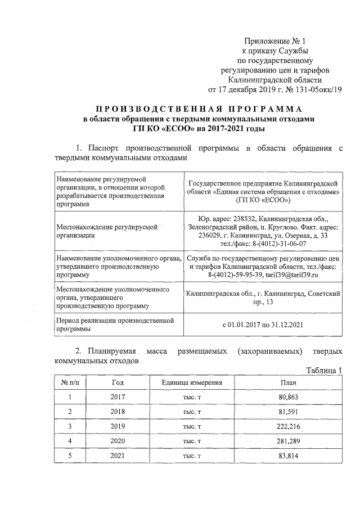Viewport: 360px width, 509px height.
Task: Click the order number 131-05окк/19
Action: click(x=315, y=89)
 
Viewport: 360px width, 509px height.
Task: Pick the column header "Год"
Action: click(x=118, y=382)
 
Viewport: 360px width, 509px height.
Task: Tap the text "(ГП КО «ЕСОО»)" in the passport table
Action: click(x=263, y=200)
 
